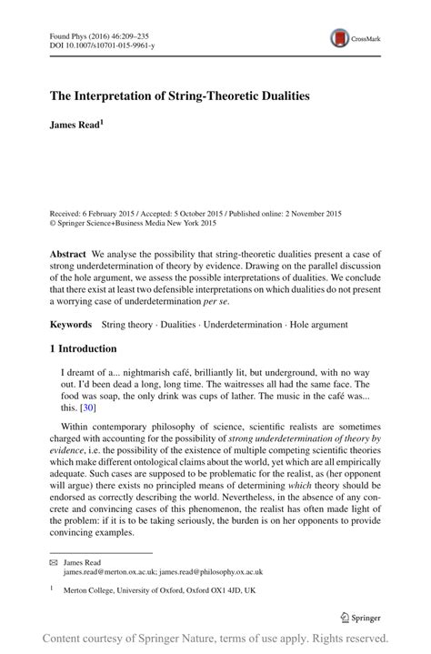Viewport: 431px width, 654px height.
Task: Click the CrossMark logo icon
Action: (342, 37)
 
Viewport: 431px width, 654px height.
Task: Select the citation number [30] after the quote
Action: (87, 408)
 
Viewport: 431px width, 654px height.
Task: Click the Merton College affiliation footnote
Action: (153, 589)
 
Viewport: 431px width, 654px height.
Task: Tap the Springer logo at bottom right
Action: (361, 619)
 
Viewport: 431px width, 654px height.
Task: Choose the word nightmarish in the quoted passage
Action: (132, 373)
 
